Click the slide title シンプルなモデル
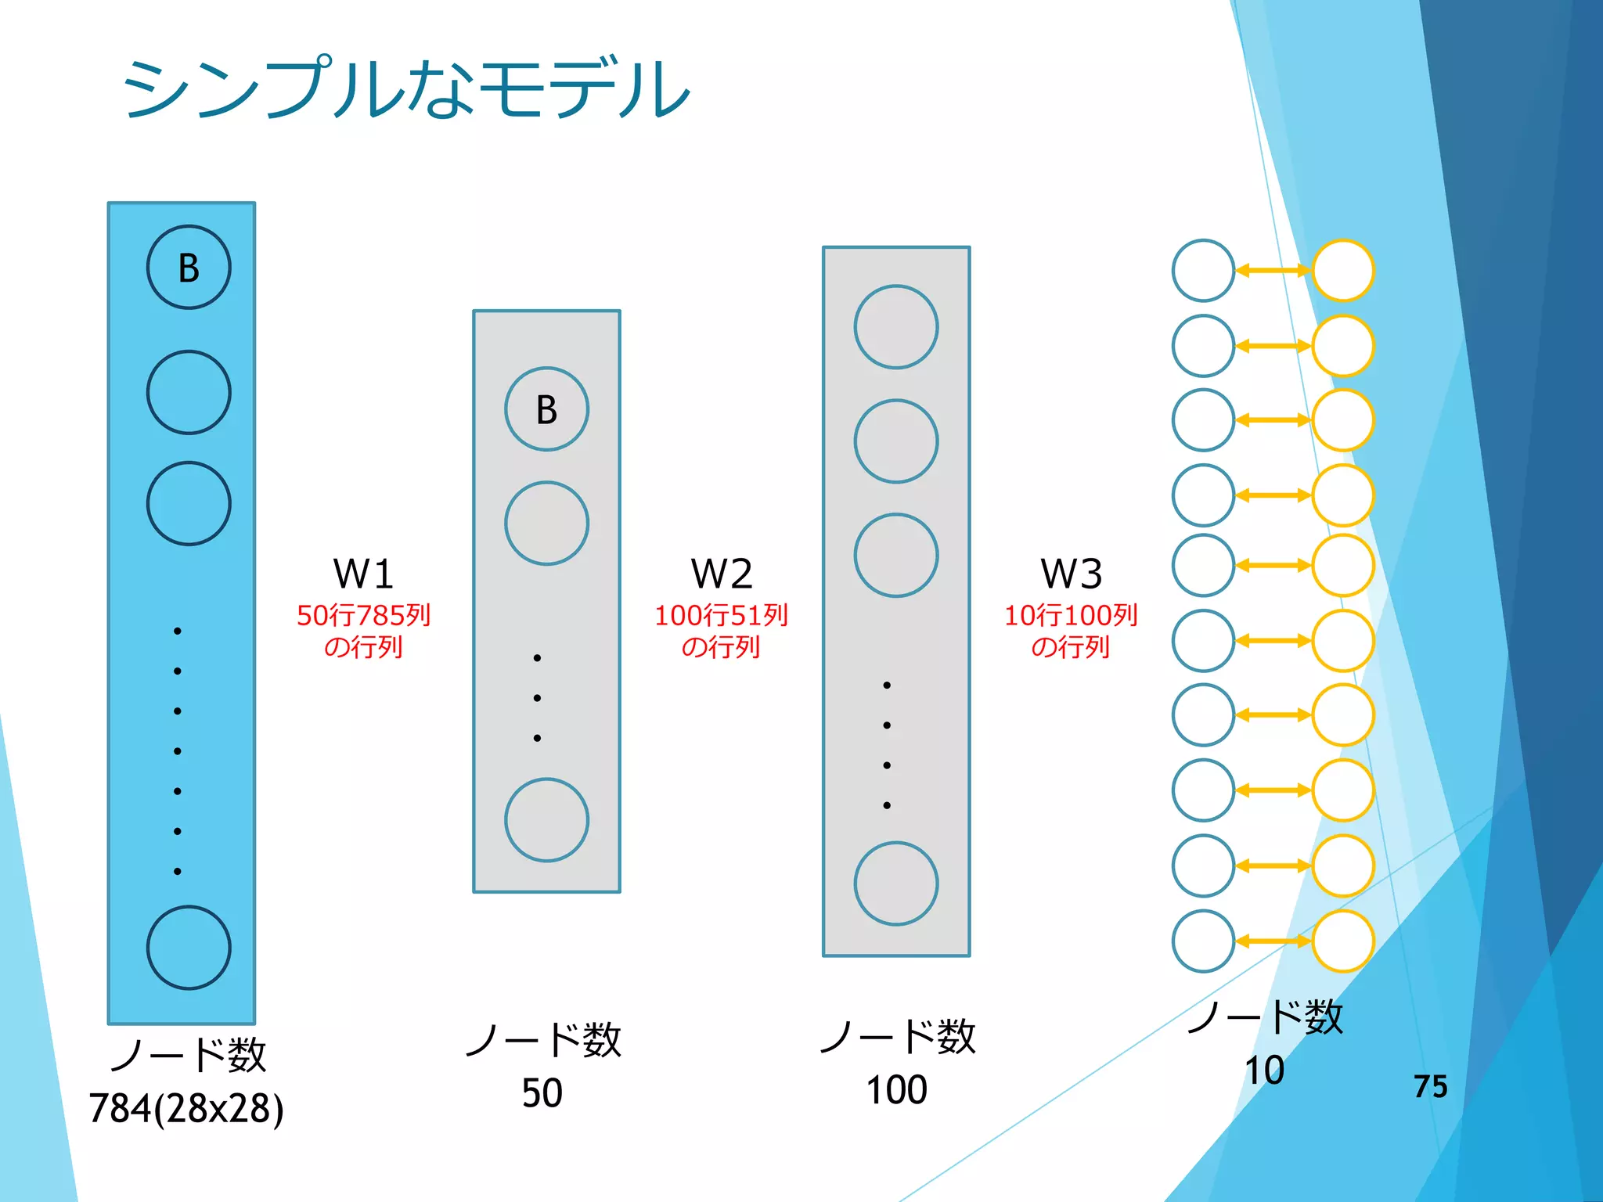(405, 88)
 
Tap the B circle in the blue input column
(189, 268)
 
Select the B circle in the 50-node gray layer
(546, 409)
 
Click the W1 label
(363, 574)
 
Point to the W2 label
(721, 574)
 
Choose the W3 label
(1071, 574)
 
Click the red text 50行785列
(363, 616)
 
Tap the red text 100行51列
(721, 616)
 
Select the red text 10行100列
(1071, 616)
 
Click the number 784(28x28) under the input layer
(186, 1108)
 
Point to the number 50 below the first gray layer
(542, 1092)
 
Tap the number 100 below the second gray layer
(896, 1089)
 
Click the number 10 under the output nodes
(1264, 1070)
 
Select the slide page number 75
(1430, 1086)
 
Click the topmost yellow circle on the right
(1343, 271)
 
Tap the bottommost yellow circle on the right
(1343, 941)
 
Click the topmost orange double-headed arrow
(1273, 271)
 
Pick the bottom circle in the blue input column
(189, 948)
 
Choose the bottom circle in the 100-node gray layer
(896, 884)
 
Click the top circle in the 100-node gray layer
(896, 327)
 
